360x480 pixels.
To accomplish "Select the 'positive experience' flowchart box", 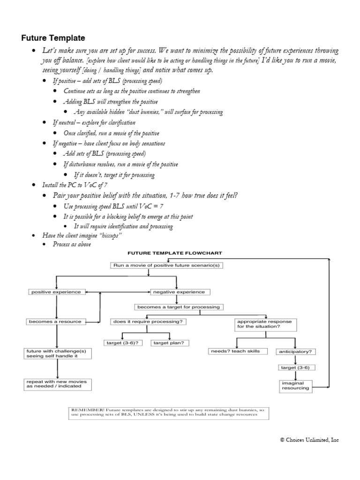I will click(56, 292).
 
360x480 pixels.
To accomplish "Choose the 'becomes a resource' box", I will click(56, 322).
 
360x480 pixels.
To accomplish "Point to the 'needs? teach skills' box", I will click(239, 351).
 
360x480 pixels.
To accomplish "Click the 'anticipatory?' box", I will click(296, 351).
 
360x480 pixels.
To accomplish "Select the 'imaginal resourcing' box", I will click(295, 385).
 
